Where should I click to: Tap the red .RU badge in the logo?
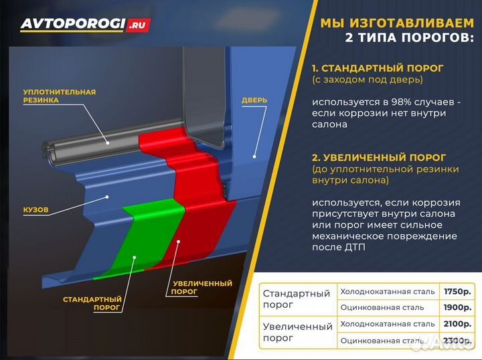[x=139, y=25]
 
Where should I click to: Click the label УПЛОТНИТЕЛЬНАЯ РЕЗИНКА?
[x=59, y=96]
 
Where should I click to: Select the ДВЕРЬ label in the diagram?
[x=254, y=100]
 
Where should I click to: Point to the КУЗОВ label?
[x=35, y=209]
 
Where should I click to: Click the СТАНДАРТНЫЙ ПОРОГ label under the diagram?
[x=92, y=303]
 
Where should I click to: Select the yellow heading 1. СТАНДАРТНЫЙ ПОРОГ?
[x=378, y=68]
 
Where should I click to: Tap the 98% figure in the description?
[x=400, y=102]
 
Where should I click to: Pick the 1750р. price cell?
[x=457, y=292]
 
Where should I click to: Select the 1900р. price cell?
[x=457, y=308]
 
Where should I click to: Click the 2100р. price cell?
[x=457, y=324]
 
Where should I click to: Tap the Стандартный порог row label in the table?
[x=297, y=299]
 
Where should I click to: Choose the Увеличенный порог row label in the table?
[x=297, y=332]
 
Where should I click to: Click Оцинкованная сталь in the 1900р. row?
[x=382, y=308]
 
